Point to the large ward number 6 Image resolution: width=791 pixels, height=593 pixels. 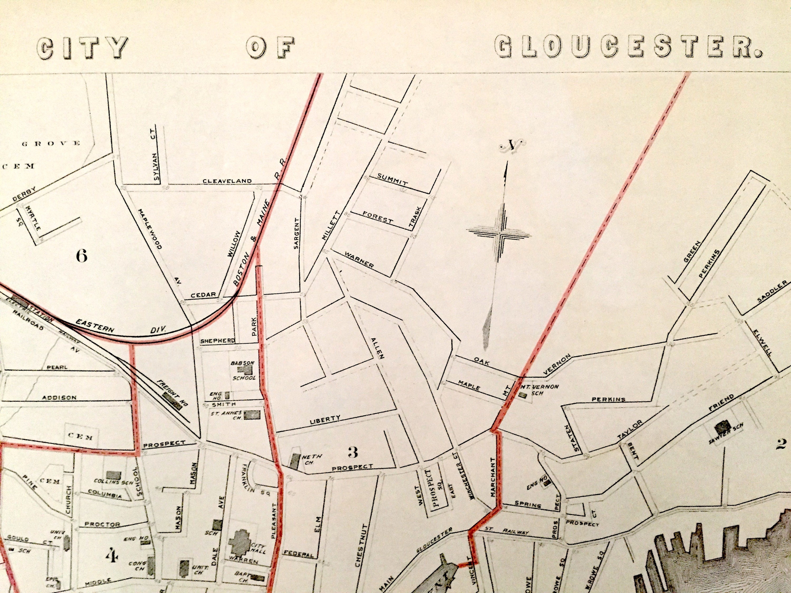click(82, 256)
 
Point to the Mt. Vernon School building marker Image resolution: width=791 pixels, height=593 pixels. click(523, 395)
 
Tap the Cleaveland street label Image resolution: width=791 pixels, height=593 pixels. click(228, 181)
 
